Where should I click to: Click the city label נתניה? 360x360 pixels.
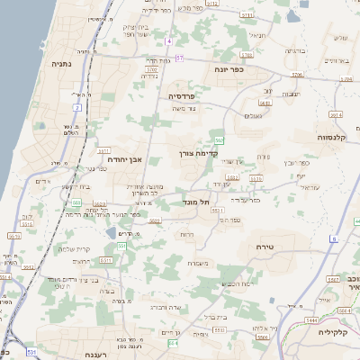(62, 64)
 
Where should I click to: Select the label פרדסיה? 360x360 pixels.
(182, 95)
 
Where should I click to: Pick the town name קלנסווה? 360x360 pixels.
(334, 137)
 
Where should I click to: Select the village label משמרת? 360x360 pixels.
(199, 263)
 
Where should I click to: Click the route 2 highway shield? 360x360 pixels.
(77, 107)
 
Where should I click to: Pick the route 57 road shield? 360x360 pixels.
(180, 58)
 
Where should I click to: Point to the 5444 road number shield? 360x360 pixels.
(311, 319)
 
